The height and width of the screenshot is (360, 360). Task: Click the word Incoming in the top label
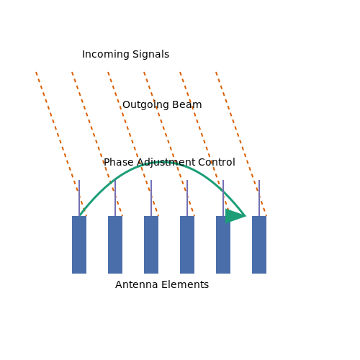coord(106,54)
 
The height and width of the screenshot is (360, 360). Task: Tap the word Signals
coord(151,54)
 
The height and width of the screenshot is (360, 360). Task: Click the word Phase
coord(119,162)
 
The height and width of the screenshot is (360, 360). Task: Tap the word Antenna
coord(137,284)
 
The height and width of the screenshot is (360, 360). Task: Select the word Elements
coord(185,284)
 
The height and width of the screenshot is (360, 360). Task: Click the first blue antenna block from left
coord(79,245)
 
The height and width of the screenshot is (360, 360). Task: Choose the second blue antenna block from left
coord(115,245)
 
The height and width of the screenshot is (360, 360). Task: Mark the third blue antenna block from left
coord(151,245)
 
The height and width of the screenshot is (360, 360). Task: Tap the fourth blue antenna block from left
coord(187,245)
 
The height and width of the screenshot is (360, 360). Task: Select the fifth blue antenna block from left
coord(223,245)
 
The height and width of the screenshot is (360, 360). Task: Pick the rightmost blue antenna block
coord(259,245)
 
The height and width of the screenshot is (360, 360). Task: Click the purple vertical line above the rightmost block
coord(259,198)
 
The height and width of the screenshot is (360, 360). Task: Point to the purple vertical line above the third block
coord(151,198)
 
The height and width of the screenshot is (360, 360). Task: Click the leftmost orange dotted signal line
coord(61,144)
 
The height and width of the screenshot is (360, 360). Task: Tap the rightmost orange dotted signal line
coord(241,144)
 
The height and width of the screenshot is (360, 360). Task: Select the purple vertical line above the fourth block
coord(187,198)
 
